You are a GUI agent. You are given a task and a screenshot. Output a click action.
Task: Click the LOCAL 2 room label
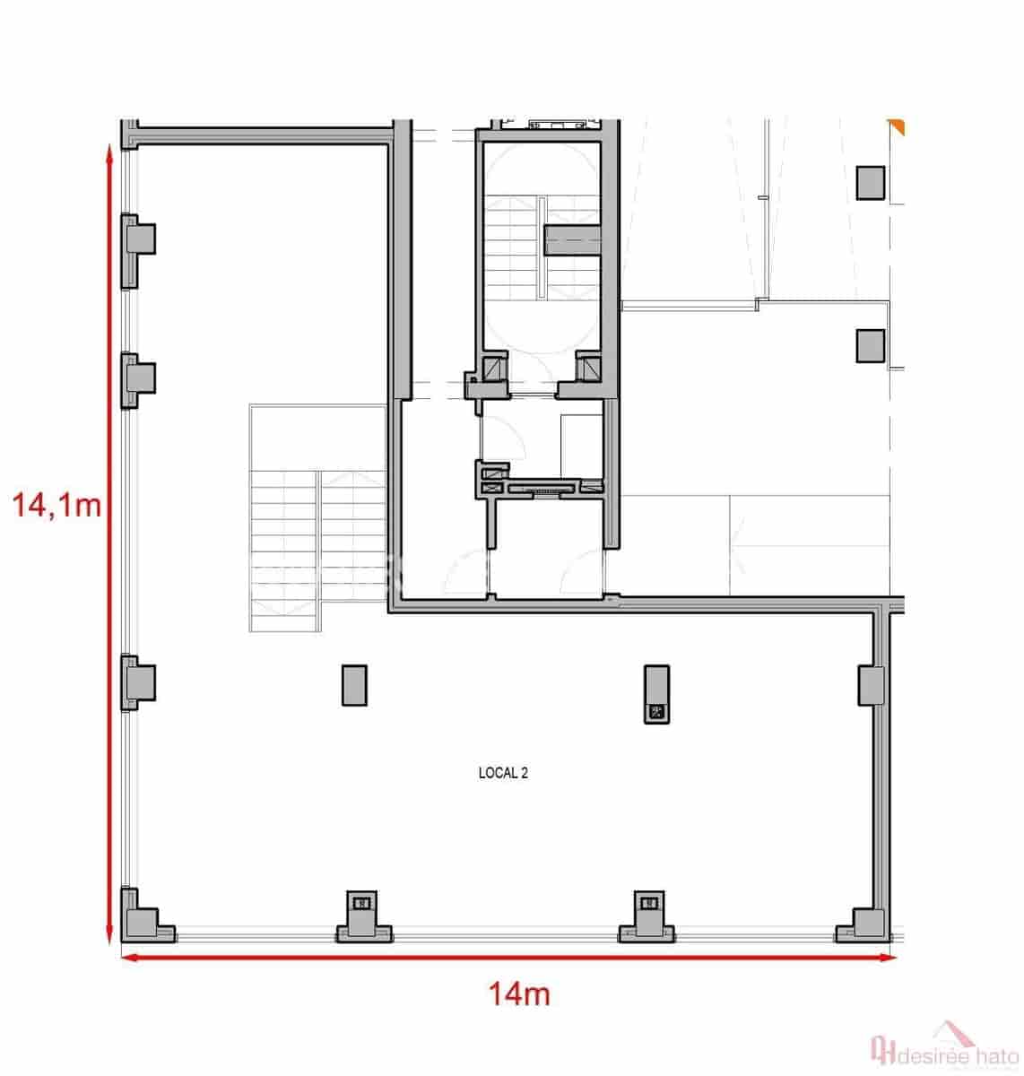(x=503, y=773)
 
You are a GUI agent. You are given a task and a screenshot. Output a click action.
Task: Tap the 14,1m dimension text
(x=56, y=506)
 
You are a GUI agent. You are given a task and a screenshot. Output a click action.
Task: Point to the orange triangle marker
(x=897, y=126)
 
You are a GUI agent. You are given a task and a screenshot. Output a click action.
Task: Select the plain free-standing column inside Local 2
(x=354, y=684)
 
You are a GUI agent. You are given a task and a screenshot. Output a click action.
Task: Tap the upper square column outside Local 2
(x=870, y=182)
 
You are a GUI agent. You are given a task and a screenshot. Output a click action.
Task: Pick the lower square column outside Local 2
(x=870, y=345)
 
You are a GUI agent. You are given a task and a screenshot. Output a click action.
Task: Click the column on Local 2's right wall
(x=870, y=685)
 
